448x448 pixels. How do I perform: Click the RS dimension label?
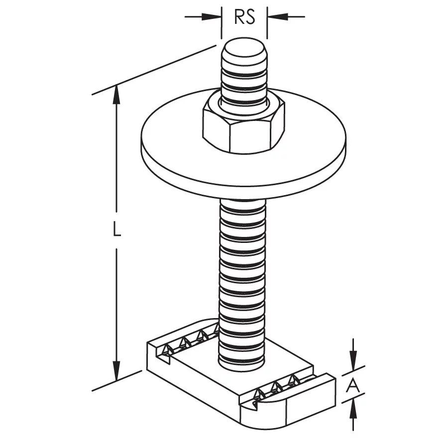point(244,17)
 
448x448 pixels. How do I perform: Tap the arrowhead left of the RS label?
point(212,16)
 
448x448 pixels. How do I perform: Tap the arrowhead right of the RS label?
point(277,16)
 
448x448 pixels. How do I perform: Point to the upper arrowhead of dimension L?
point(116,95)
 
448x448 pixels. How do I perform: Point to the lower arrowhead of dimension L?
point(116,371)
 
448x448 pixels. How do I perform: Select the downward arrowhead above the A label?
point(353,359)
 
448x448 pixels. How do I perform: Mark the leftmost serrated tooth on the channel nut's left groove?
point(167,350)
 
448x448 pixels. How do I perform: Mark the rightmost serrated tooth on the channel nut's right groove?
point(293,380)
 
